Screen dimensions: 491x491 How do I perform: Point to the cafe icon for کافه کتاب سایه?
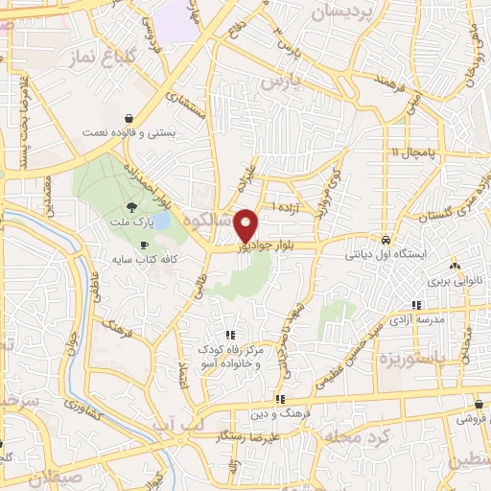click(x=144, y=245)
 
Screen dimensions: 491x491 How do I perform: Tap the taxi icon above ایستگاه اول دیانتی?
click(x=386, y=240)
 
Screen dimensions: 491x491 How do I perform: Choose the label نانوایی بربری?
click(x=453, y=282)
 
